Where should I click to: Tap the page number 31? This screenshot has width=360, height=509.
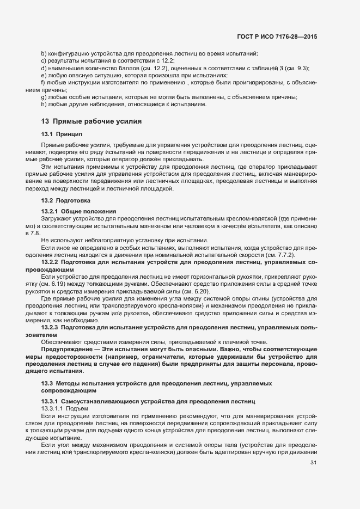coord(313,463)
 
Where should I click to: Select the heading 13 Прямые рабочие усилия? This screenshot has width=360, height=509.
coord(91,121)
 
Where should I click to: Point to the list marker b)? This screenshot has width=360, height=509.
coord(44,54)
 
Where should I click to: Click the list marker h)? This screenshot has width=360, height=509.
coord(44,104)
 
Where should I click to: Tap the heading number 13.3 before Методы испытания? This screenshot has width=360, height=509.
coord(47,384)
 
